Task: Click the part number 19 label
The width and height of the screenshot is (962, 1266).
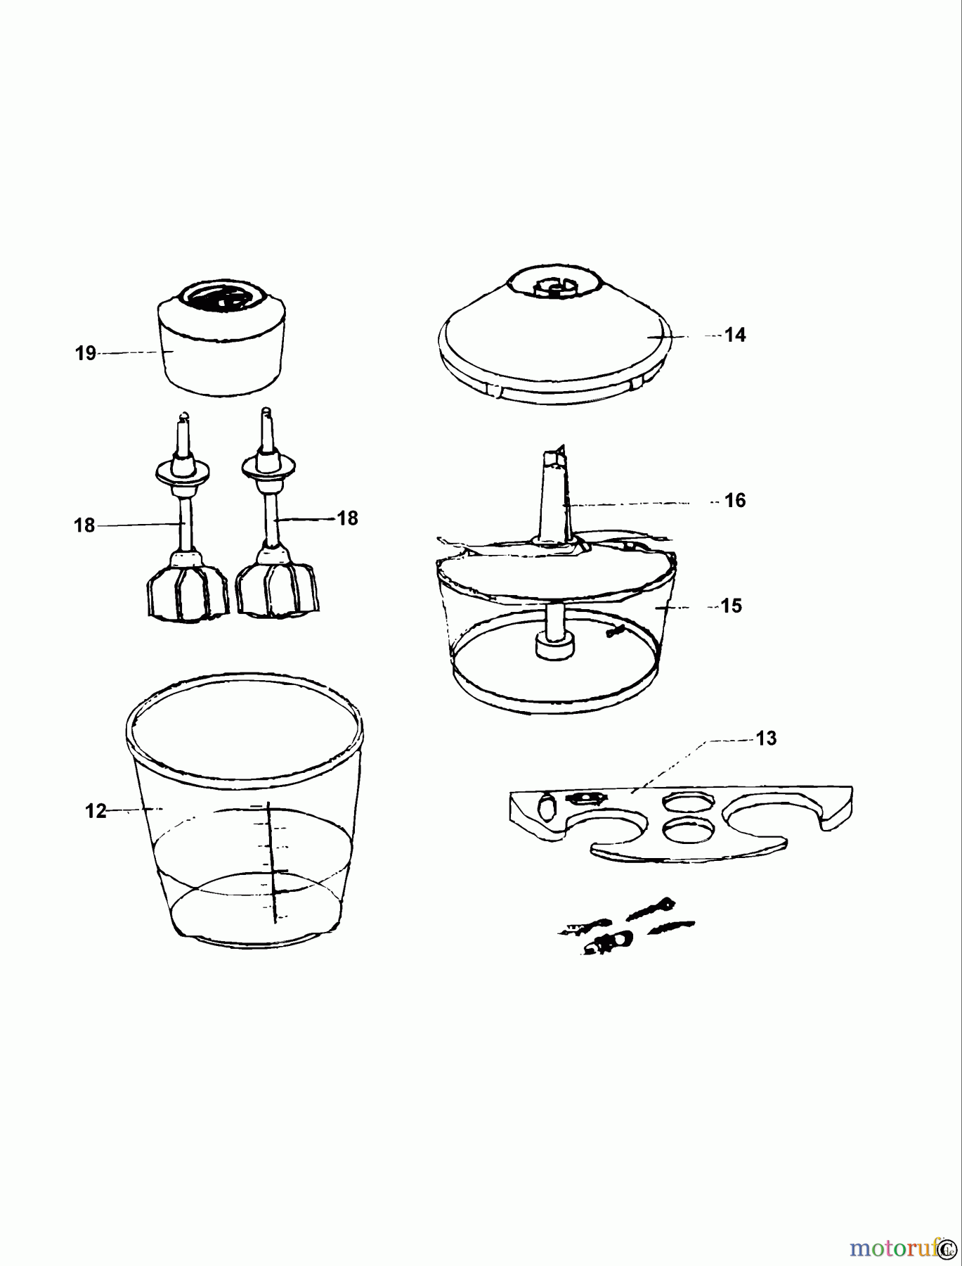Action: tap(86, 353)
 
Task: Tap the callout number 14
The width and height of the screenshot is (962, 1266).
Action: tap(734, 335)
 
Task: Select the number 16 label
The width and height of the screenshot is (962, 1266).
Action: tap(734, 501)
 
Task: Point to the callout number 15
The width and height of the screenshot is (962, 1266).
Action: tap(731, 606)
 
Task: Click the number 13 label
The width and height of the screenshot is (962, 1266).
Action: tap(766, 738)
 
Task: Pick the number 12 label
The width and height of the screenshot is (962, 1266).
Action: tap(96, 811)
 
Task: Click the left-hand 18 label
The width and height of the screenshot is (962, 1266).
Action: tap(84, 525)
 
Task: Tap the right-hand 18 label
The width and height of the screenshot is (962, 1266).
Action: tap(347, 518)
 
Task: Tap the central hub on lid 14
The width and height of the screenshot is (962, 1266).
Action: tap(555, 286)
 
